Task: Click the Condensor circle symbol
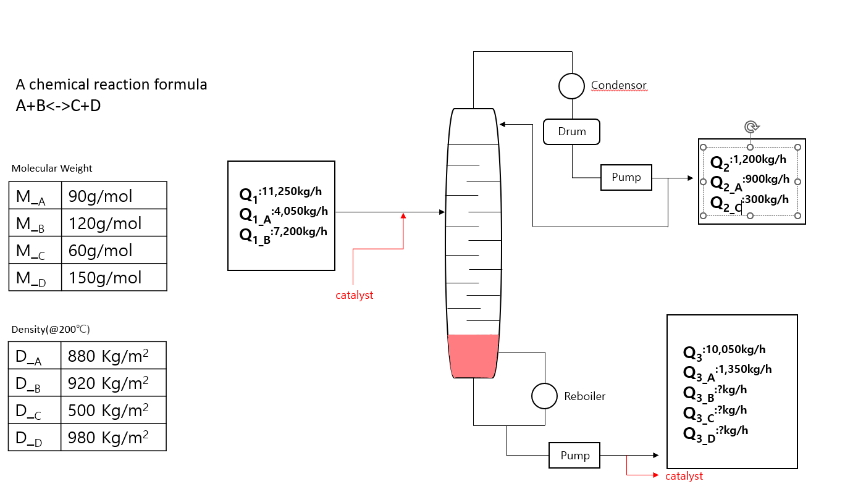click(572, 86)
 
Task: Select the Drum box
click(572, 131)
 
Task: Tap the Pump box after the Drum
click(626, 178)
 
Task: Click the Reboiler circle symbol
click(545, 396)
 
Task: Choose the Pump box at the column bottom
click(575, 456)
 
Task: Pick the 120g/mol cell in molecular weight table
click(114, 223)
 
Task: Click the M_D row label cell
click(35, 278)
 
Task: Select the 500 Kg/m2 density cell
click(114, 410)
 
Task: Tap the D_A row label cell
click(35, 356)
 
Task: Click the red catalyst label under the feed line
click(354, 295)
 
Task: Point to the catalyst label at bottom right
click(684, 476)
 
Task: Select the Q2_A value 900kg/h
click(767, 180)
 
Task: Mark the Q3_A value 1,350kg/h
click(744, 370)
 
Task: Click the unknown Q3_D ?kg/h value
click(732, 431)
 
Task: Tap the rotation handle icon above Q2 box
click(750, 127)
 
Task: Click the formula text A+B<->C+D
click(59, 106)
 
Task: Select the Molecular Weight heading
click(52, 168)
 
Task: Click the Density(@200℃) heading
click(55, 329)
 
